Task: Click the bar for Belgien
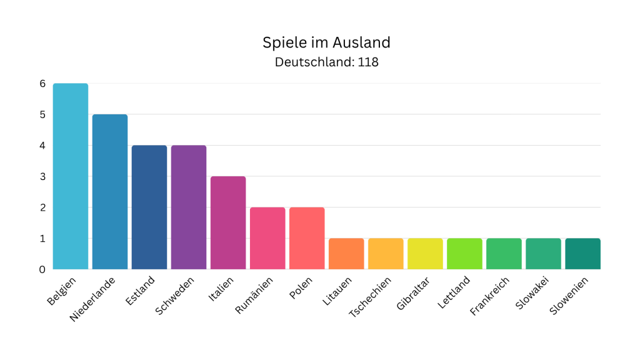70,176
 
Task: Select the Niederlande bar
109,192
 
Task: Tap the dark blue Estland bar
149,207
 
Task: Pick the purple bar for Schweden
188,207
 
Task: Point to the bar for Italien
227,223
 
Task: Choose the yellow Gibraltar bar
425,254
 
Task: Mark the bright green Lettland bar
464,254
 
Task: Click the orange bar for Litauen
346,254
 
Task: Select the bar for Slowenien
582,254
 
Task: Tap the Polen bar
307,238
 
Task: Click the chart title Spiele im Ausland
326,42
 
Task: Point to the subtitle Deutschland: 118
326,62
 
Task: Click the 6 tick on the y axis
42,84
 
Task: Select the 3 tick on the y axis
42,176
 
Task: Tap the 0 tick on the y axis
42,269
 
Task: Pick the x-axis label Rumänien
254,294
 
